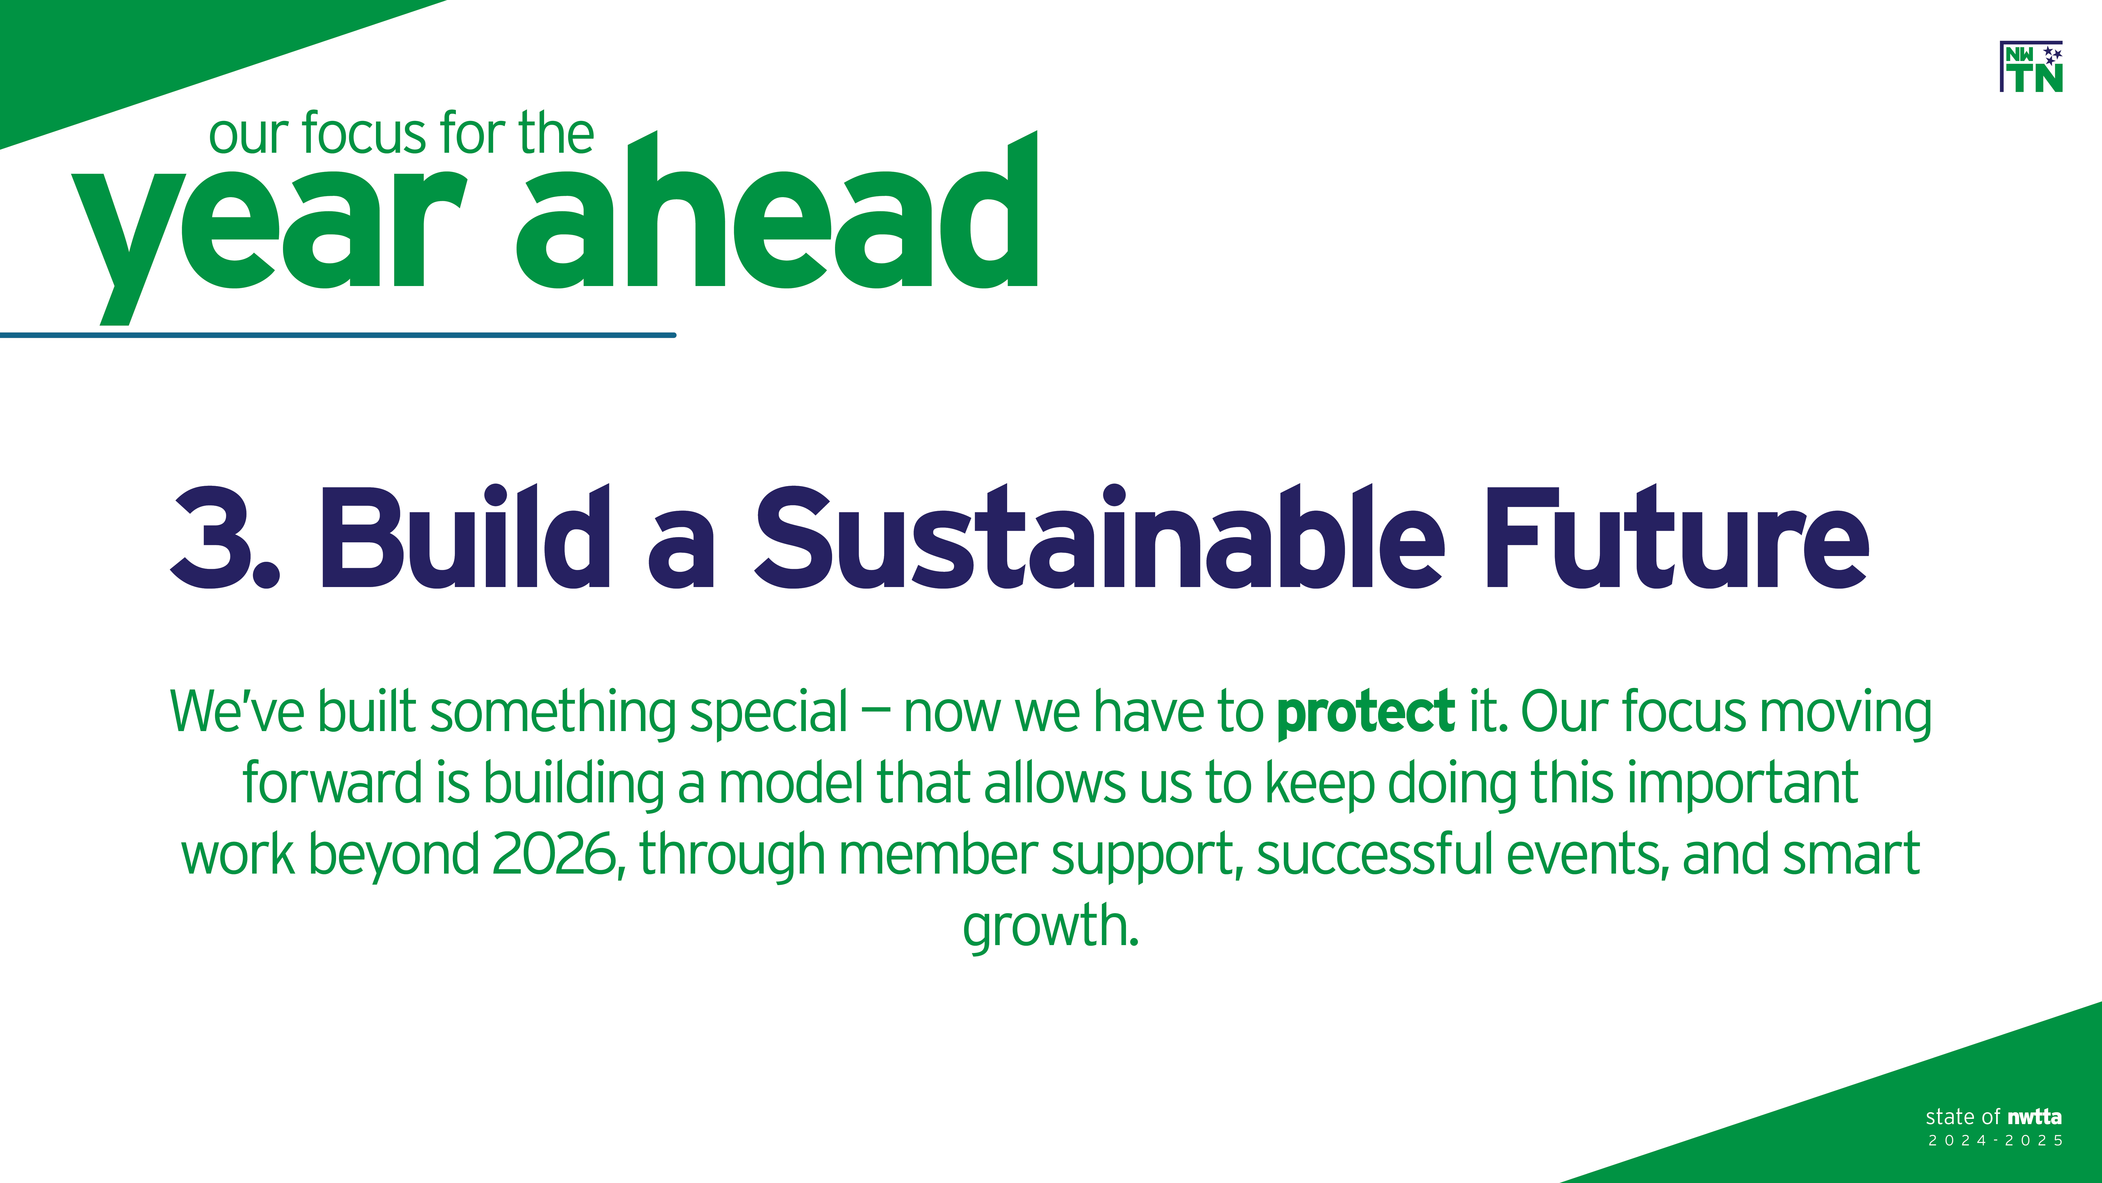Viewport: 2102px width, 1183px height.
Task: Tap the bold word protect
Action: [1365, 713]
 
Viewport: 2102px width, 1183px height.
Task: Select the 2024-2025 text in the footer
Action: [1995, 1141]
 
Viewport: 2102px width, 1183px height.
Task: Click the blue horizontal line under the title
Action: [338, 335]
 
